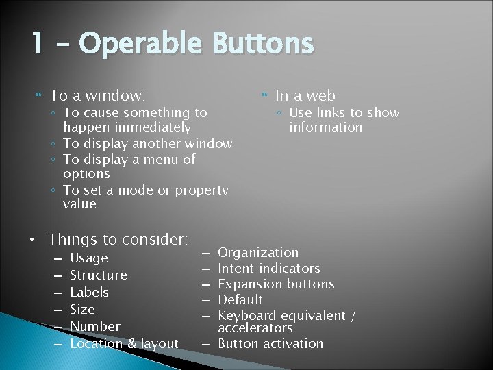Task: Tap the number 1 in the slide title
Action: point(37,45)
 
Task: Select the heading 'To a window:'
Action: point(98,95)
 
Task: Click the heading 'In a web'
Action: point(305,95)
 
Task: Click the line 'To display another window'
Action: point(147,143)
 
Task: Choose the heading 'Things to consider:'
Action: point(118,239)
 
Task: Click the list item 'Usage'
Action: point(89,258)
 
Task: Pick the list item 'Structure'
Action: point(99,275)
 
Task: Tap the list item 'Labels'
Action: point(90,292)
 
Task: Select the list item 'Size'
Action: point(82,309)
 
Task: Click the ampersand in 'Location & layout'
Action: point(131,343)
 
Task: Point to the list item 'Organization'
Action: point(258,253)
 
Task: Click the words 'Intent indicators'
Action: point(268,268)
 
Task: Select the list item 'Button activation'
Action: point(270,343)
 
